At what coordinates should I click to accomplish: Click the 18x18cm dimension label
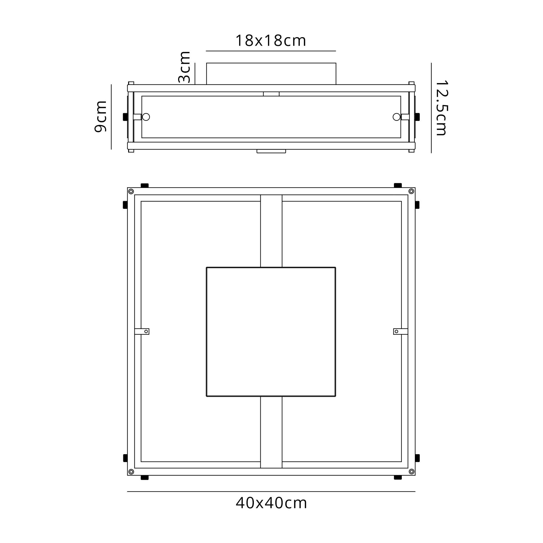[270, 41]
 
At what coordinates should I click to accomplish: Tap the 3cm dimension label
[185, 67]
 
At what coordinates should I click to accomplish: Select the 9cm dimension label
[100, 116]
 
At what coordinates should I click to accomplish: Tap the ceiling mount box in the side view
[271, 74]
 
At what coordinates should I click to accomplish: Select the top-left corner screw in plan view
[131, 191]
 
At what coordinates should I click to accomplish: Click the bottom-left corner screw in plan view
[131, 472]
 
